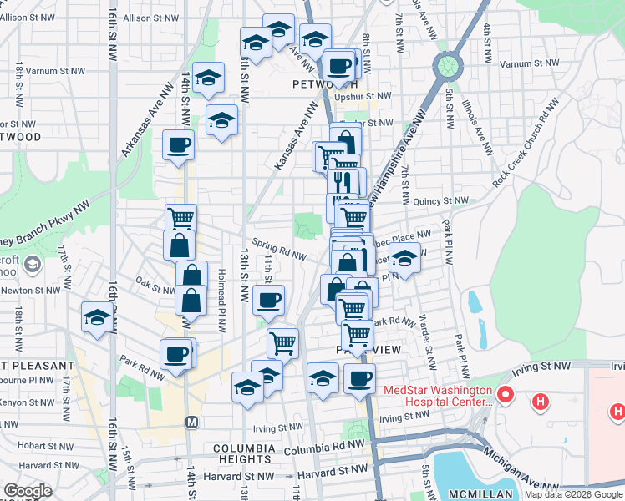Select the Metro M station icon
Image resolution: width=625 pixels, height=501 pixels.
point(191,423)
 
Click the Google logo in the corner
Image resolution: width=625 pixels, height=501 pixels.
point(27,491)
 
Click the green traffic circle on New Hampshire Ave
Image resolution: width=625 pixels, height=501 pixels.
point(448,64)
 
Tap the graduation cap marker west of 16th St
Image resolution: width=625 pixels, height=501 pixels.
point(97,318)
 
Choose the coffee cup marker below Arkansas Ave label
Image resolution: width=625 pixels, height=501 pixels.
point(179,145)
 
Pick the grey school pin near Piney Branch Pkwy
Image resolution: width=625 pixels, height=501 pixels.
point(33,266)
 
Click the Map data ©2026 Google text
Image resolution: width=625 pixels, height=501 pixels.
point(573,494)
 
